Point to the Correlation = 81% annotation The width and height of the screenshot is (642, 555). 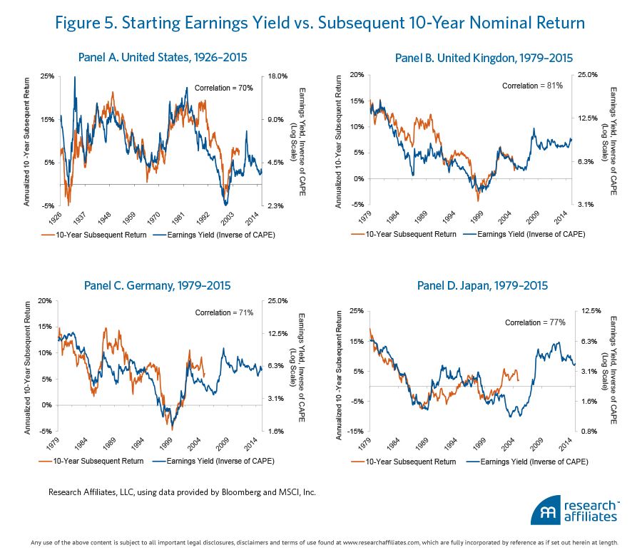click(x=532, y=86)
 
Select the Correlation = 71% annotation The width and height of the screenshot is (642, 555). click(x=224, y=312)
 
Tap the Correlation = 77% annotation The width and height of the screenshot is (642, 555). click(x=535, y=322)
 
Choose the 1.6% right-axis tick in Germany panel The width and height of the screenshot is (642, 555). click(x=277, y=431)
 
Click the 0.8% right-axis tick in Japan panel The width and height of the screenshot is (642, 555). click(x=598, y=431)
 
